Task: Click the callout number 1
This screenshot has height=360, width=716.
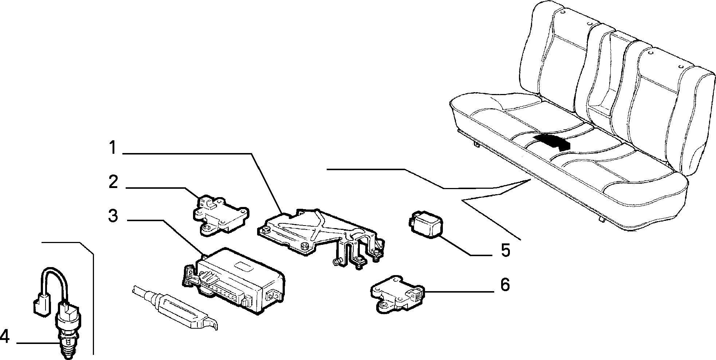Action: (x=113, y=148)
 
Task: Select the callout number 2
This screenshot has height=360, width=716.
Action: (x=113, y=182)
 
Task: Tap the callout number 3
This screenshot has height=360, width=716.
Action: (x=113, y=216)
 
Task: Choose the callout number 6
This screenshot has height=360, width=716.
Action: (x=505, y=285)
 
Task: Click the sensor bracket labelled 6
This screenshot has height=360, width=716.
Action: (x=397, y=291)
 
